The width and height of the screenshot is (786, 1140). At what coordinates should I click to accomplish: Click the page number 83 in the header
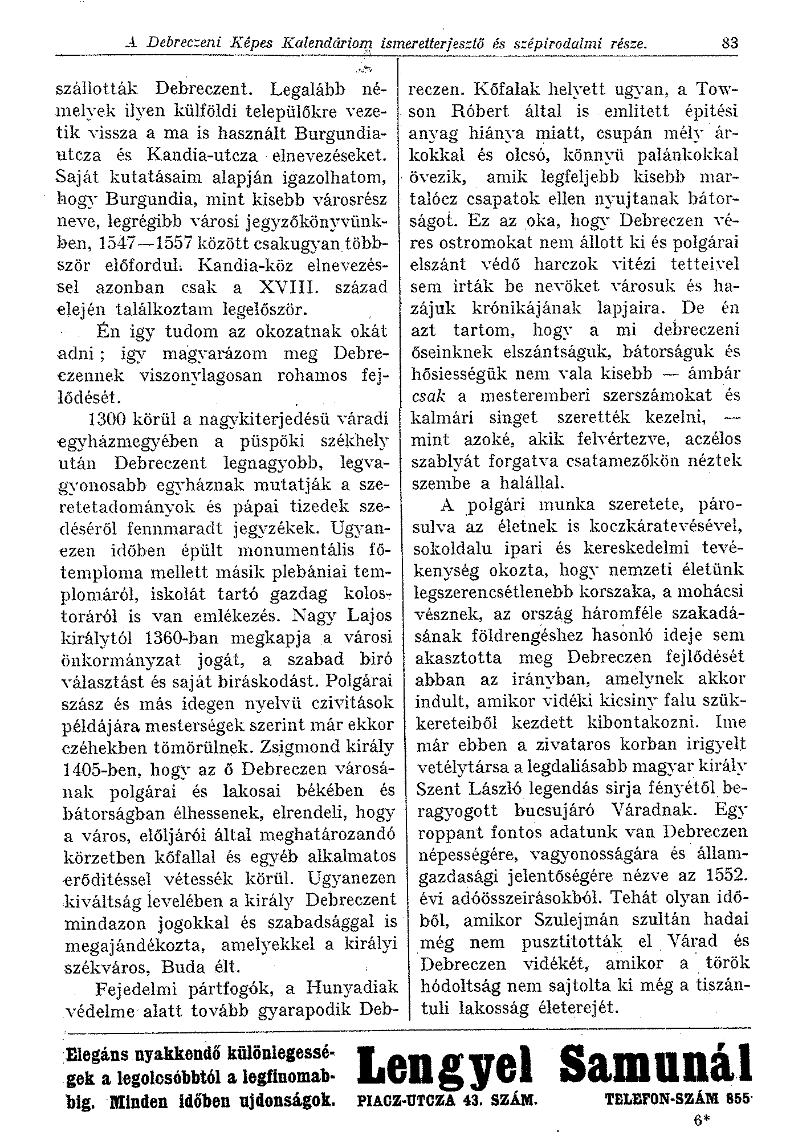pos(729,43)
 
